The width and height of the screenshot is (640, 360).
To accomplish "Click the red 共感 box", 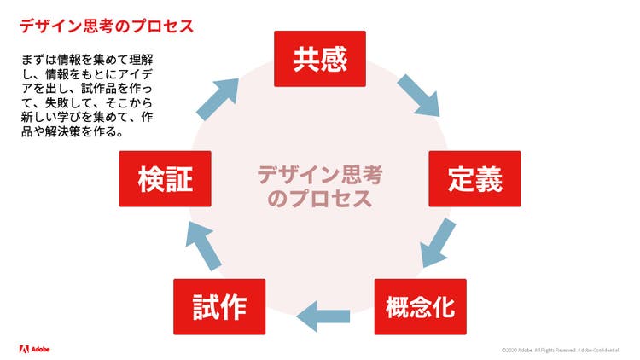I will (x=319, y=58).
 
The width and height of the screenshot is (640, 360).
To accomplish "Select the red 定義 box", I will (x=474, y=179).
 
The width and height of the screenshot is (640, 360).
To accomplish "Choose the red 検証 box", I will (x=166, y=179).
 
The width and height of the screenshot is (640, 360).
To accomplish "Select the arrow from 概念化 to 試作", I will (x=323, y=314).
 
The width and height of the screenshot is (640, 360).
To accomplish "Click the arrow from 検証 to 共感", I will (x=218, y=98).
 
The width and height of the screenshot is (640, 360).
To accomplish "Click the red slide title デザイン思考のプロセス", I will (x=107, y=26).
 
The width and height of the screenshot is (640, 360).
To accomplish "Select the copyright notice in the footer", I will (x=560, y=350).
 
